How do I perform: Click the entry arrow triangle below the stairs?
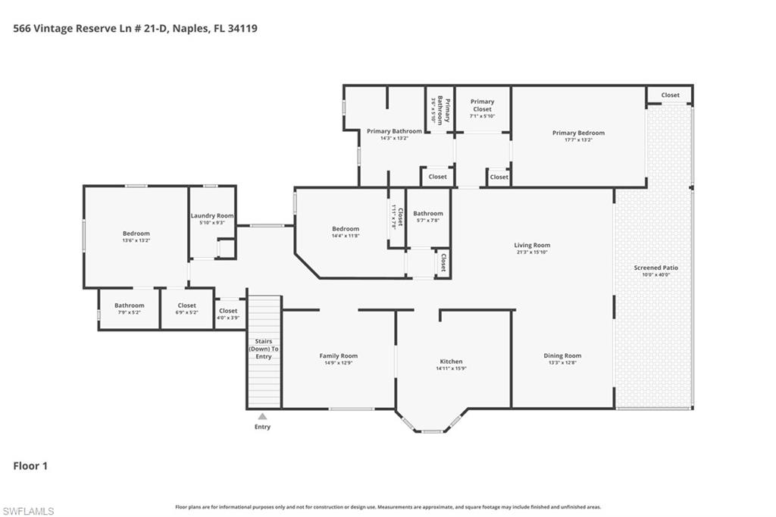(262, 416)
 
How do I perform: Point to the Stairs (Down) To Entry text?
(264, 349)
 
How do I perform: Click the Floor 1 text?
(30, 466)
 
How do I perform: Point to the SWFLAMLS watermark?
(28, 511)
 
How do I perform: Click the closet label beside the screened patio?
(670, 96)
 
